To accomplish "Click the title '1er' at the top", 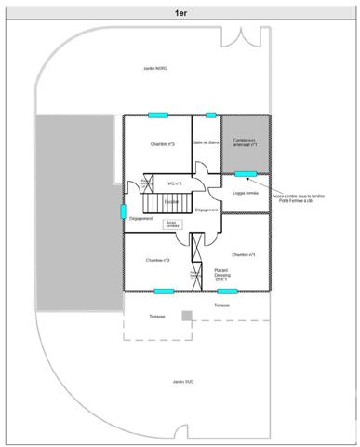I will coord(180,13).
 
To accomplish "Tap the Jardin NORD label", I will coord(156,68).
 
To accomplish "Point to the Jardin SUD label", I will coord(182,381).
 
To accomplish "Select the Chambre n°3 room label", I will coord(162,145).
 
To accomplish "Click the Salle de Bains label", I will coord(206,142).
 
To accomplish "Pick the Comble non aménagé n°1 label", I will coord(246,142).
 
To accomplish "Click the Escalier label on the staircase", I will coord(171,200).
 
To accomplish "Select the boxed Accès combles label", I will coord(171,224).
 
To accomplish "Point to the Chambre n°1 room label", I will coord(244,254).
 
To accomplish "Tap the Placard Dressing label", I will coord(221,274).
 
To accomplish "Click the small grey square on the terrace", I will coord(187,315).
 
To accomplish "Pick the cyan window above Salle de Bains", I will coord(211,115).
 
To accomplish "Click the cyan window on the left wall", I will coord(124,210).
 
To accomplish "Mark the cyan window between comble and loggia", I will coord(246,174).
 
